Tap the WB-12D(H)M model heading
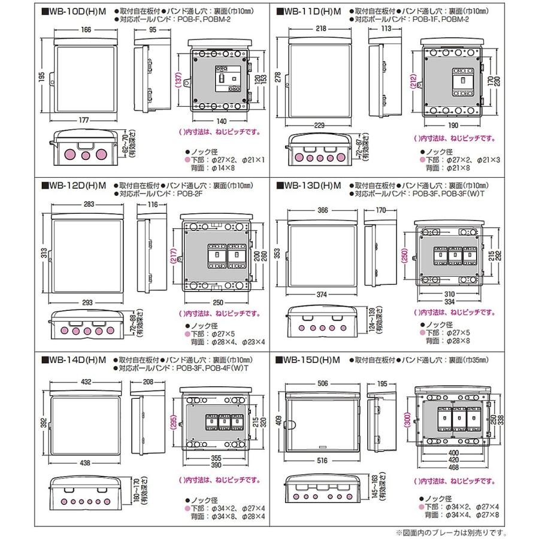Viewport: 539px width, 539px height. [x=75, y=186]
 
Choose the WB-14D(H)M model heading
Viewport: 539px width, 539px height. [x=75, y=360]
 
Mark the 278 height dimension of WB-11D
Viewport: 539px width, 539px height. [x=277, y=77]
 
